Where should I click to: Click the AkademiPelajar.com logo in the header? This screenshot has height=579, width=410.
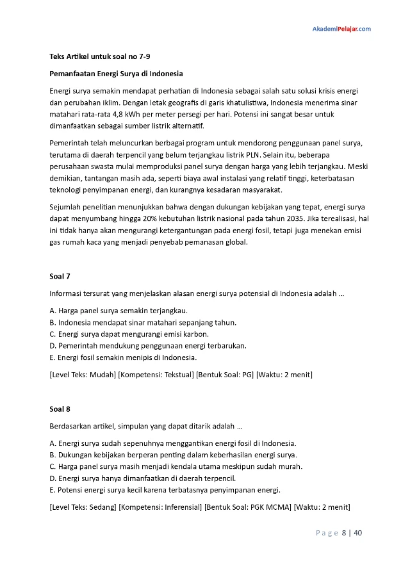pos(341,29)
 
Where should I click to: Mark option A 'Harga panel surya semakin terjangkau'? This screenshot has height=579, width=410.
pos(114,311)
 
